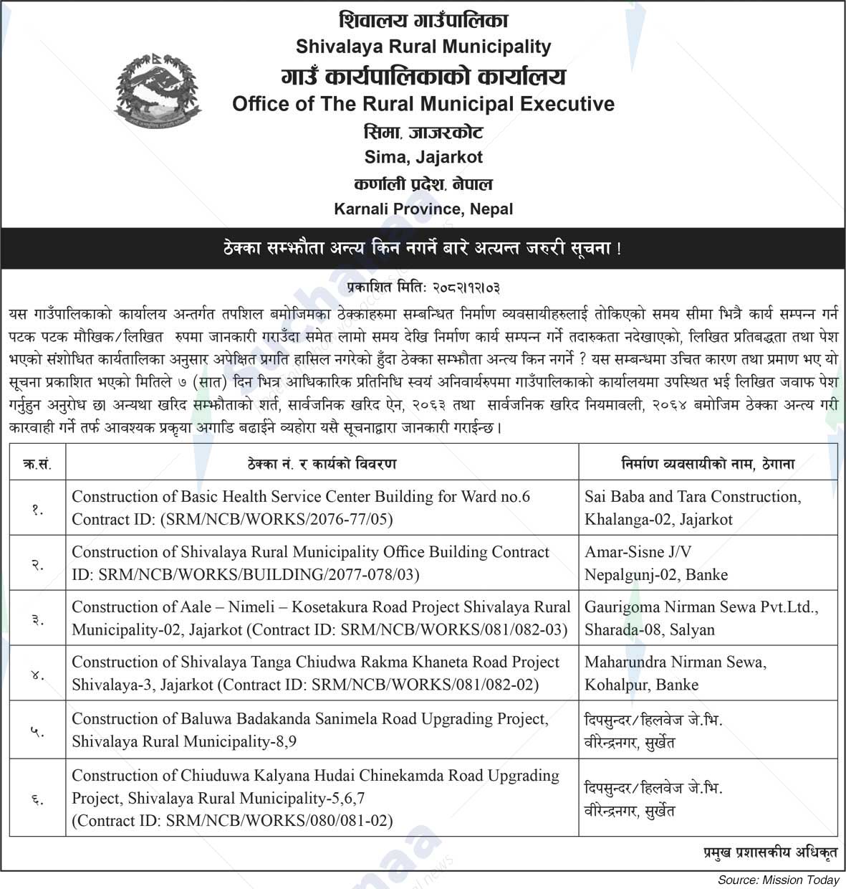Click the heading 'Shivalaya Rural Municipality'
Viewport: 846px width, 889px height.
coord(423,47)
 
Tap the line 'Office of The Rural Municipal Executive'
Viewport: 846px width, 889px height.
coord(423,104)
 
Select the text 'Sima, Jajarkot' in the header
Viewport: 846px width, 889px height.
coord(423,157)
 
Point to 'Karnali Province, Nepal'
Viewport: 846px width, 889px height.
coord(423,209)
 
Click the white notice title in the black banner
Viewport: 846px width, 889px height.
coord(423,249)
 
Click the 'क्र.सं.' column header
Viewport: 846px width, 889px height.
coord(37,464)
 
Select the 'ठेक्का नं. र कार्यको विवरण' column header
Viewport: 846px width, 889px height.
coord(322,464)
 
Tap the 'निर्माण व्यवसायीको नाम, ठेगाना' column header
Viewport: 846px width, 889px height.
coord(708,464)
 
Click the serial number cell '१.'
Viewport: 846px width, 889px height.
coord(37,508)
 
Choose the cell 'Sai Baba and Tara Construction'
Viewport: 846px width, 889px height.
coord(693,497)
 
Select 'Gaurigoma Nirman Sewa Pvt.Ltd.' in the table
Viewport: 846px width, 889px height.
coord(701,607)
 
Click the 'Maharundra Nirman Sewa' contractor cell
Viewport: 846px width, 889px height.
coord(675,662)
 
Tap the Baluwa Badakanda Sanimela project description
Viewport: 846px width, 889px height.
coord(309,730)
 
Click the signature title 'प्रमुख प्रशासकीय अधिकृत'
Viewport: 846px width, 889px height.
coord(769,852)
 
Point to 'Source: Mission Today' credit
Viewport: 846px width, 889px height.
coord(778,880)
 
